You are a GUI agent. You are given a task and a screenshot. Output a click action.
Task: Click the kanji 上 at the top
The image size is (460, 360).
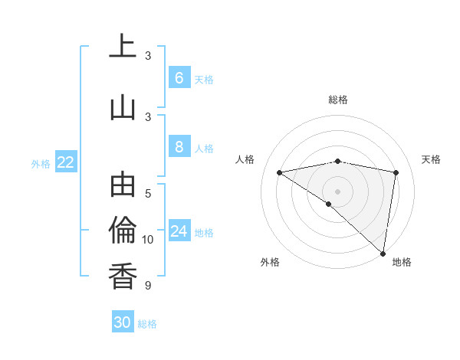(x=123, y=46)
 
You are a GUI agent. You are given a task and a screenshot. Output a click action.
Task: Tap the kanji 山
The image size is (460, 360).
(x=123, y=106)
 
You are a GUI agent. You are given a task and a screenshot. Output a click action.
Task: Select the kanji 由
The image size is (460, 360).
(x=123, y=184)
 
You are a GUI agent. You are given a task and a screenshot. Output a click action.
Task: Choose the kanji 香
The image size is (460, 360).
(x=123, y=275)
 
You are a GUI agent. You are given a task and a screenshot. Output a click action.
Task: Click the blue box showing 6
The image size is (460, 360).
(x=179, y=77)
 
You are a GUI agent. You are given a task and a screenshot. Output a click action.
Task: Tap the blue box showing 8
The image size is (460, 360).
(x=179, y=147)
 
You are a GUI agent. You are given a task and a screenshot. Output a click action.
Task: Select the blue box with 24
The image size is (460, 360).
(x=179, y=231)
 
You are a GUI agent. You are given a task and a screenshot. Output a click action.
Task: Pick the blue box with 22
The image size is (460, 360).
(x=65, y=162)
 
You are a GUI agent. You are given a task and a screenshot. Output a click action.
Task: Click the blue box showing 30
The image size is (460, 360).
(x=123, y=322)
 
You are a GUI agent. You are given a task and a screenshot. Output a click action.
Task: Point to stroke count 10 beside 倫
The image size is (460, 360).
(x=148, y=240)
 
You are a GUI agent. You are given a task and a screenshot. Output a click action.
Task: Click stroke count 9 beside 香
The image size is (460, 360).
(x=148, y=286)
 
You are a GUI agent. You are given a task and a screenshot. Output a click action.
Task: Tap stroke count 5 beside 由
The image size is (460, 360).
(x=148, y=194)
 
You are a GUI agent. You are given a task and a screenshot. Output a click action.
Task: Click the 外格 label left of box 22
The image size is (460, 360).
(x=41, y=163)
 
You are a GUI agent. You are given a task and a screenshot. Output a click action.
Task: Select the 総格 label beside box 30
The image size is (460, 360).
(x=147, y=324)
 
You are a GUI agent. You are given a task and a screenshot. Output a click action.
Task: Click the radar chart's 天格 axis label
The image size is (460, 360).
(x=431, y=159)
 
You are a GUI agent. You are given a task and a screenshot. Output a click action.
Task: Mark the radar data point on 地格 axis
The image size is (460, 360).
(x=383, y=252)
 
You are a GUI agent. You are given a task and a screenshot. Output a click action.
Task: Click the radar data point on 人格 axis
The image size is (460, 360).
(x=279, y=172)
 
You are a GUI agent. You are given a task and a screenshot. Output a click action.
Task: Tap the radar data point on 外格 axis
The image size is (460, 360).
(x=328, y=204)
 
